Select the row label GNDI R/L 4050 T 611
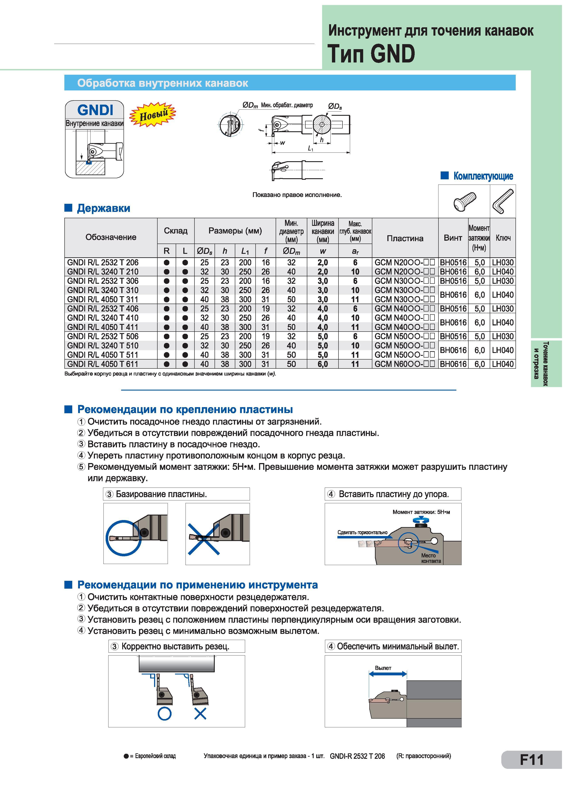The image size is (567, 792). [x=103, y=364]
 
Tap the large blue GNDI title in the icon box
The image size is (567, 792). [x=95, y=110]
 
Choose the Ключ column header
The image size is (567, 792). [x=503, y=238]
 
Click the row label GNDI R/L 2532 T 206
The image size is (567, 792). [x=103, y=262]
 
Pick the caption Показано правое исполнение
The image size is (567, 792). [x=297, y=195]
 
